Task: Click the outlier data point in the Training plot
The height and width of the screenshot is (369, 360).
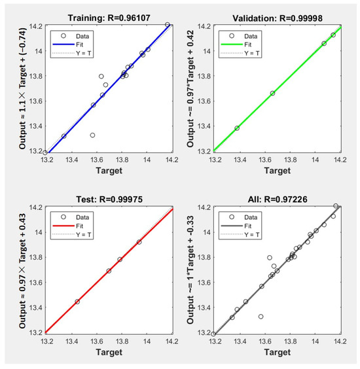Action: (x=92, y=135)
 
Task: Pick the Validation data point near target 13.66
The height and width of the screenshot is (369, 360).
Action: (x=272, y=93)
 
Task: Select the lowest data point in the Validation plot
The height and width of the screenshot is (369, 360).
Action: (x=237, y=128)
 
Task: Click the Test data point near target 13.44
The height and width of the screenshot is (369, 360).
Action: (x=77, y=302)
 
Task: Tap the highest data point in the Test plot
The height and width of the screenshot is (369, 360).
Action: (x=139, y=242)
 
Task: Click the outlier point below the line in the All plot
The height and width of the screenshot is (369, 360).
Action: (x=261, y=316)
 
